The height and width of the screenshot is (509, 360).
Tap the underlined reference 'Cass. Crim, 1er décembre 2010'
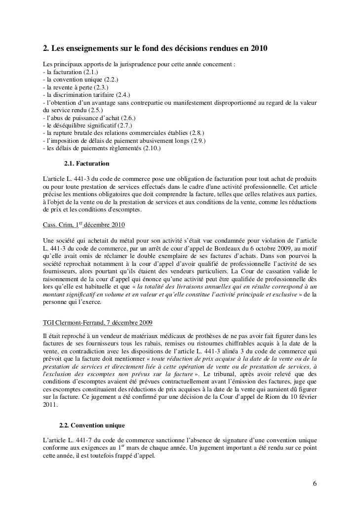coord(84,226)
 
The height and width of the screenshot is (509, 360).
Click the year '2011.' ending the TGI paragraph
coord(50,403)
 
